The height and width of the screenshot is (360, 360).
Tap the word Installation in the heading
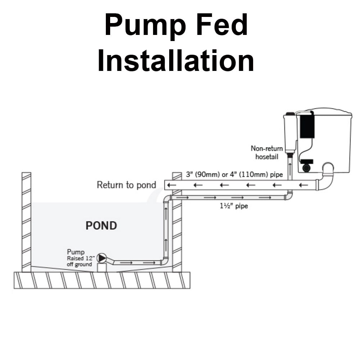click(176, 61)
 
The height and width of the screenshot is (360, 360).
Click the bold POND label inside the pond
click(101, 226)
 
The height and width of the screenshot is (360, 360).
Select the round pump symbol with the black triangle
click(102, 258)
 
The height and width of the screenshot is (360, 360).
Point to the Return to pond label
click(126, 185)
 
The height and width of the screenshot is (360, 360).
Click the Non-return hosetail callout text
click(266, 152)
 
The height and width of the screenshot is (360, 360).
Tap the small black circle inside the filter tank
click(307, 168)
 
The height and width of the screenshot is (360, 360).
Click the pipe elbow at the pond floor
click(165, 261)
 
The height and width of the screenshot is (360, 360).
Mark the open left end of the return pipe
click(167, 185)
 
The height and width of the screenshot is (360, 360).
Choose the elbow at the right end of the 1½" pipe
click(289, 196)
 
